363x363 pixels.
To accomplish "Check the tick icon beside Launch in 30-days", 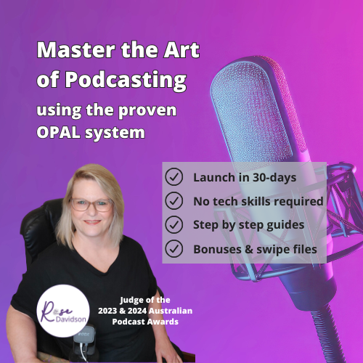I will pyautogui.click(x=174, y=176).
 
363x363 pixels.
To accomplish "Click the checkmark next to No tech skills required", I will pyautogui.click(x=174, y=200).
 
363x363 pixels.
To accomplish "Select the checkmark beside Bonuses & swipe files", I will pyautogui.click(x=174, y=249).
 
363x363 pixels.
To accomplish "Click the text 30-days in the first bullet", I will pyautogui.click(x=270, y=176).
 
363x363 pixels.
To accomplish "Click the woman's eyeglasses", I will pyautogui.click(x=91, y=205).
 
